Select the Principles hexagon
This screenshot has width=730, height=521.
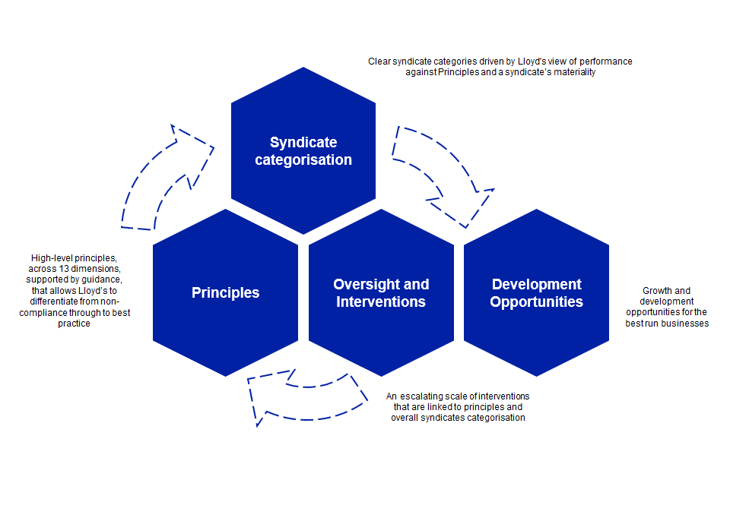click(x=225, y=327)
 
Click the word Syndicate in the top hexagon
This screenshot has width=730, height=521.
click(x=303, y=142)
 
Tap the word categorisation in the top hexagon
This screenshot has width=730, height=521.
click(x=303, y=160)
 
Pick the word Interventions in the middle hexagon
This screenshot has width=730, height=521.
click(x=381, y=302)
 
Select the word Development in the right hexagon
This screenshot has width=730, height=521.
click(x=536, y=284)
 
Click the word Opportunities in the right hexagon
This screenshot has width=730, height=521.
click(x=536, y=302)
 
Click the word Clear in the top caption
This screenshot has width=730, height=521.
click(x=379, y=61)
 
